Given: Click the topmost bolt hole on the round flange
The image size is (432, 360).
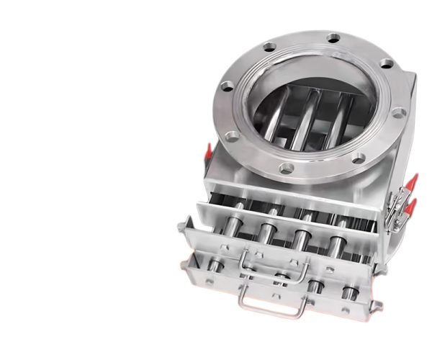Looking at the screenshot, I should (333, 37).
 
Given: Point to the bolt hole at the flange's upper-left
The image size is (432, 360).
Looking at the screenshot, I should (269, 49).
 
